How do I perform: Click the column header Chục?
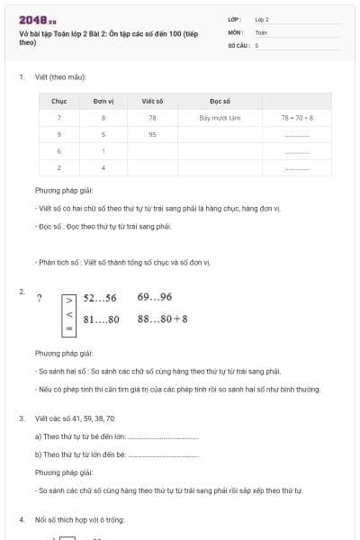pos(59,102)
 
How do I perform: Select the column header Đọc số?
pos(220,102)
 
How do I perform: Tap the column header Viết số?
pos(152,102)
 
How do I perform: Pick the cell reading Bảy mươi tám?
pos(220,118)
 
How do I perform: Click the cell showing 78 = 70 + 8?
pos(296,118)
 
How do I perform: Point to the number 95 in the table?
pos(152,134)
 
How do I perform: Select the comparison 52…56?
pos(100,298)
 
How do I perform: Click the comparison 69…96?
pos(155,298)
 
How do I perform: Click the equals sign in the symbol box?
pos(69,330)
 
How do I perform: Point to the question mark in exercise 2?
pos(39,299)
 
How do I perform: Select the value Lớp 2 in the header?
pos(262,19)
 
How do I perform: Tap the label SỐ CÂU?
pos(237,44)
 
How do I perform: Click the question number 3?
pos(21,418)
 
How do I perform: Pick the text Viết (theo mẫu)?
pos(60,76)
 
